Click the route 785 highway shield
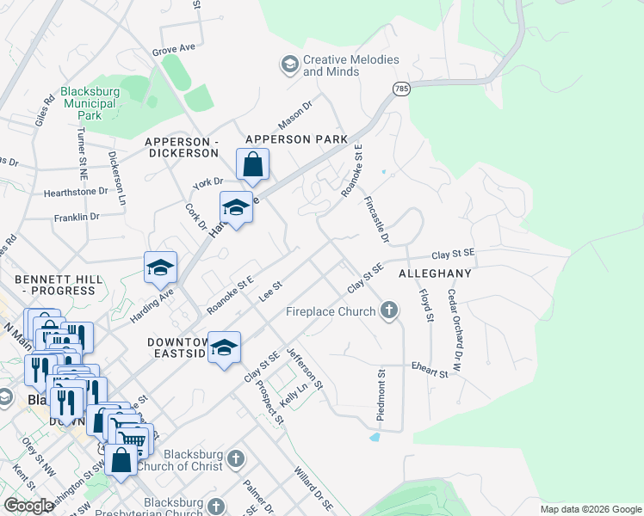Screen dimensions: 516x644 coord(401,89)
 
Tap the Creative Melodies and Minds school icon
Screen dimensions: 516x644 coord(288,64)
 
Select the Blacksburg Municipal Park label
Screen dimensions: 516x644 coord(89,102)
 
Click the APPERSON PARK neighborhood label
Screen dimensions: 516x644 coord(296,138)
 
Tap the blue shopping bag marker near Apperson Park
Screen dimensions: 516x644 coord(252,164)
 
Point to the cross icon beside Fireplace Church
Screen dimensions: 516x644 coord(390,310)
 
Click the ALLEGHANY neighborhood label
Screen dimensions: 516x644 coord(435,273)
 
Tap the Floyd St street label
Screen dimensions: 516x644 coord(425,305)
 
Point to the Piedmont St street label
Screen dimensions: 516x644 coord(380,396)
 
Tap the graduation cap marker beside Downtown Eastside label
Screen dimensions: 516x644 coord(224,347)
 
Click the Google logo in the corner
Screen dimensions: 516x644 coord(28,506)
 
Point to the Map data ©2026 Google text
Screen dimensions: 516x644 coord(590,509)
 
